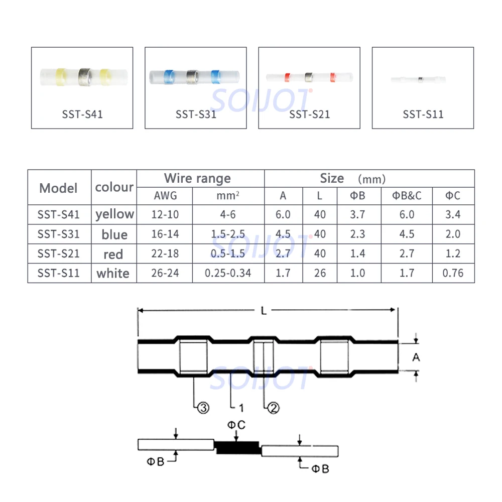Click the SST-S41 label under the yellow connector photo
(82, 114)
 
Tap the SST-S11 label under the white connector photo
(423, 114)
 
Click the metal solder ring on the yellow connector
(85, 77)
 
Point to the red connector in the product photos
(309, 77)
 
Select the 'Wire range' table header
(197, 178)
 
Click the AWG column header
(165, 196)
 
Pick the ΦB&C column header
(407, 196)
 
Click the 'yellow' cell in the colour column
(114, 214)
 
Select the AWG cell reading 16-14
(165, 234)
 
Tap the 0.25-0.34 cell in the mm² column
(227, 273)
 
